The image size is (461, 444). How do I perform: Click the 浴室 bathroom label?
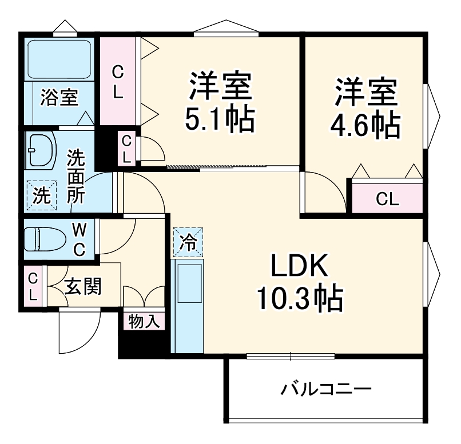[x=59, y=98]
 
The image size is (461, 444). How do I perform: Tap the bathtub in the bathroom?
[x=59, y=59]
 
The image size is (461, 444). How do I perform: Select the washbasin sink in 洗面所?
[x=41, y=151]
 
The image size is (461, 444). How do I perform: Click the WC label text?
[x=80, y=239]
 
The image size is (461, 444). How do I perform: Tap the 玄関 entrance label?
[x=82, y=286]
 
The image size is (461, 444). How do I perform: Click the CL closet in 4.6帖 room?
[x=387, y=199]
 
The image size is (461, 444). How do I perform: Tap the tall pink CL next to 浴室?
[x=117, y=81]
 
